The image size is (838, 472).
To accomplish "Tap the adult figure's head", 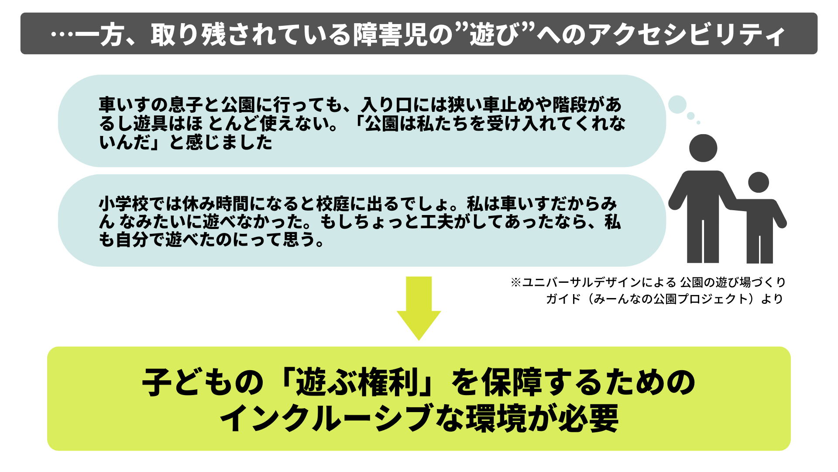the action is (x=703, y=148).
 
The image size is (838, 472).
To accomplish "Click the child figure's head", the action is (x=759, y=182).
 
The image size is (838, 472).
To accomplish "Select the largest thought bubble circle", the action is (x=677, y=104).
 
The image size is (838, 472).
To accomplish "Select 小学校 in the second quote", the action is (x=124, y=204).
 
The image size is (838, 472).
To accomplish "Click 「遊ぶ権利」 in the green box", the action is (x=358, y=382).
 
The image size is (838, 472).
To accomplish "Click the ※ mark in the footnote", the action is (x=516, y=282).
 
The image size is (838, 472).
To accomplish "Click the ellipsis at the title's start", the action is (x=61, y=35).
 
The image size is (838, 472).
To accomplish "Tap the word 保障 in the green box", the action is (x=511, y=382).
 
